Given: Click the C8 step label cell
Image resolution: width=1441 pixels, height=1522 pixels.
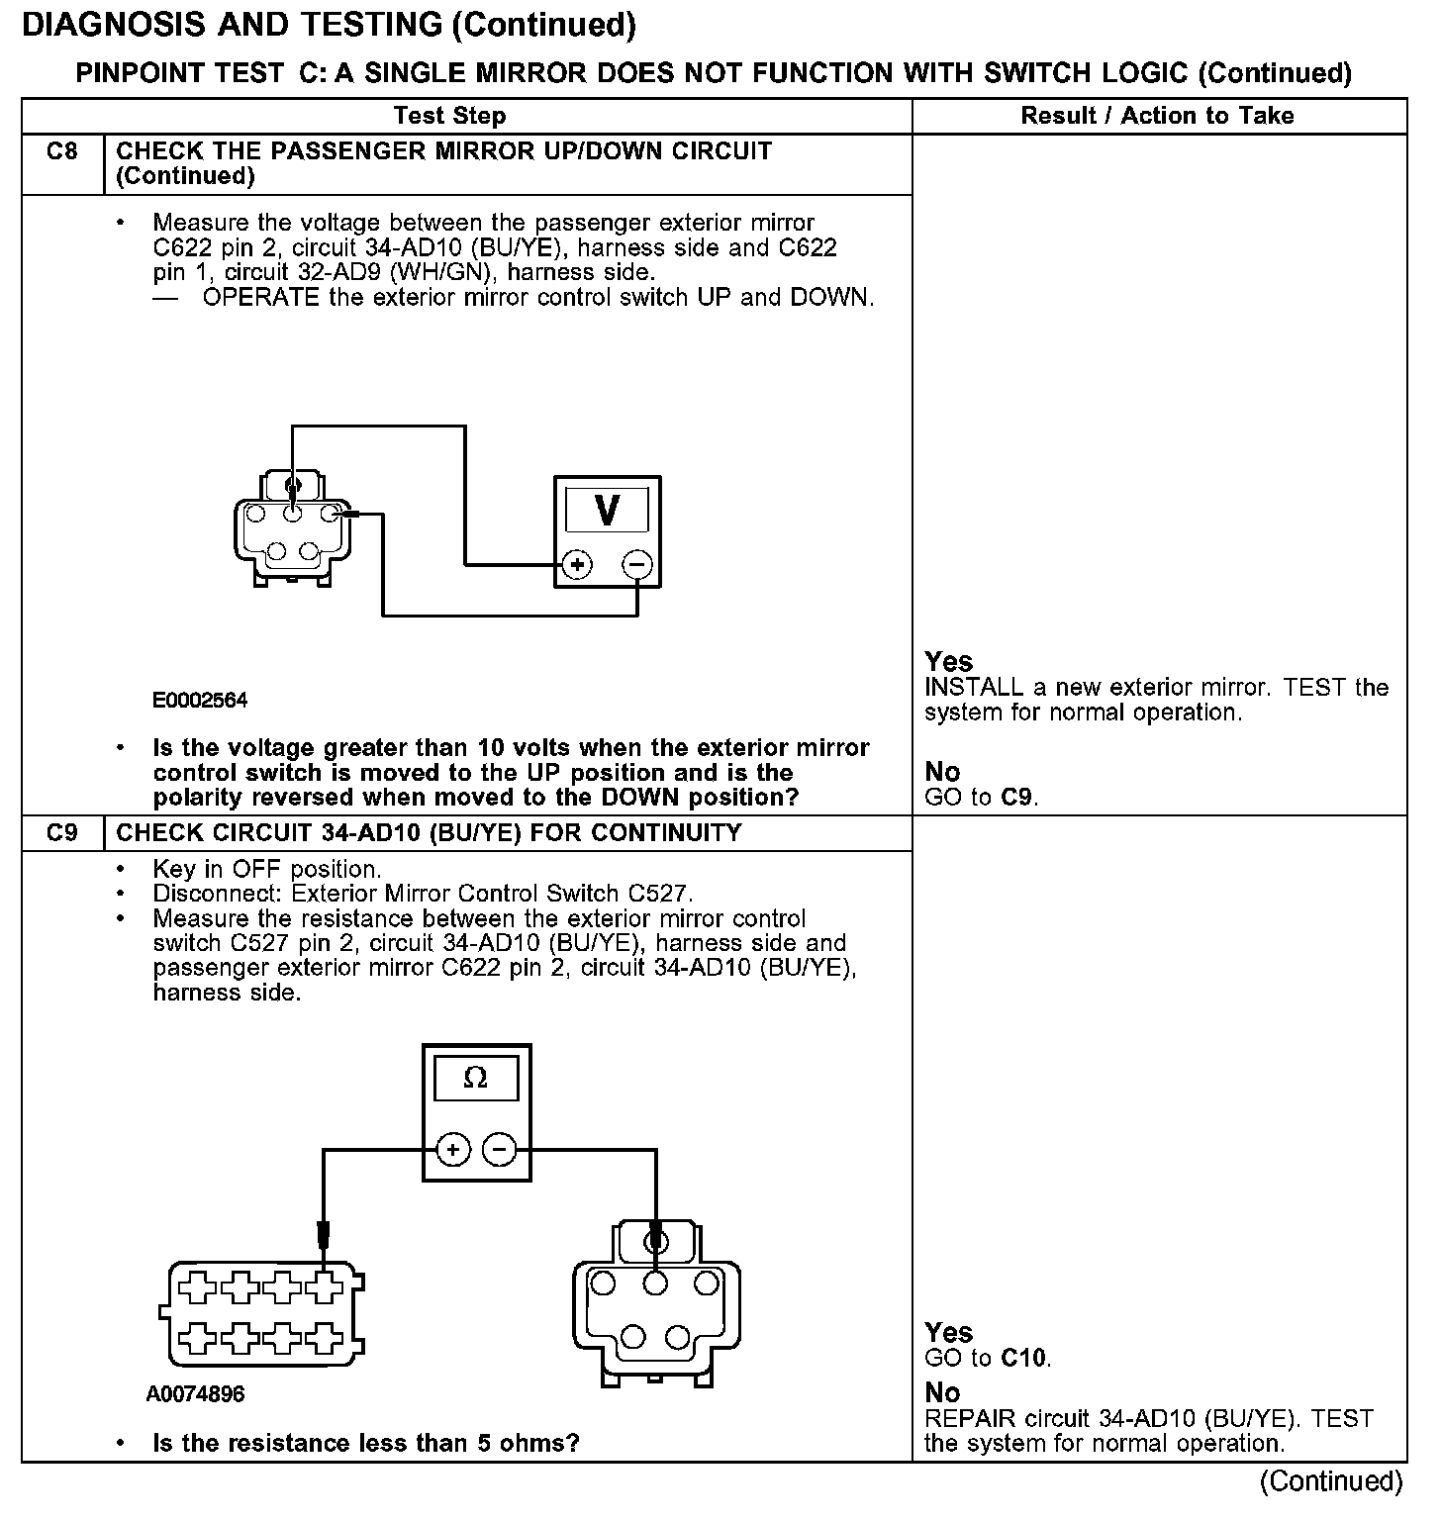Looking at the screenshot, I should coord(61,152).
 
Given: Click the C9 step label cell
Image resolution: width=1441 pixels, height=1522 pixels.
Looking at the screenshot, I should coord(61,833).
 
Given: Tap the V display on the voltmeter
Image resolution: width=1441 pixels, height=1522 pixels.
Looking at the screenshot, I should coord(607,511).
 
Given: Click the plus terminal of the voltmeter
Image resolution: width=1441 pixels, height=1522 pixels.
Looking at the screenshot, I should coord(576,565).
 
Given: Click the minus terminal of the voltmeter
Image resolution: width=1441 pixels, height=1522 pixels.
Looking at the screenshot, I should coord(637,565).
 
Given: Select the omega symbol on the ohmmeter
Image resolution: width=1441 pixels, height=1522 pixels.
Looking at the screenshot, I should coord(475,1078).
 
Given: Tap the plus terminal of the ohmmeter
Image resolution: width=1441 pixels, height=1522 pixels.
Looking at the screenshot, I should coord(452,1150).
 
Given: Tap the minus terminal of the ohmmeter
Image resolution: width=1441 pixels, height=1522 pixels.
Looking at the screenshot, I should coord(500,1150).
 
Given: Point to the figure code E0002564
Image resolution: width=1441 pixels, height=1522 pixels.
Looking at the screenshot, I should coord(200,701).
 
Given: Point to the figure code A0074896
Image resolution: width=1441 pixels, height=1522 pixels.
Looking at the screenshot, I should coord(195,1394).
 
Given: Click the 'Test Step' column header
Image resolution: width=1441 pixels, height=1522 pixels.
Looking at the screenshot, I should coord(449,116).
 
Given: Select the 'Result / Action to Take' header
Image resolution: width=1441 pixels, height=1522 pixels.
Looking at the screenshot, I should coord(1157,116).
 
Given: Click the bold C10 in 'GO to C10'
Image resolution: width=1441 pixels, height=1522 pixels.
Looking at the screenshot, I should coord(1023,1358).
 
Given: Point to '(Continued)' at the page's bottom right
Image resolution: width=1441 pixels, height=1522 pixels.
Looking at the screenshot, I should coord(1330,1481).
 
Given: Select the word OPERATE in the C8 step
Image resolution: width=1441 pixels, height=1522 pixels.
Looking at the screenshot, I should coord(261,298).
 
